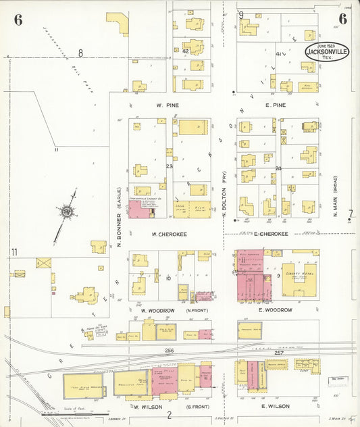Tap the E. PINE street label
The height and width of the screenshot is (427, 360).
click(276, 105)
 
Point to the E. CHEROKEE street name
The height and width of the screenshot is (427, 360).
click(271, 234)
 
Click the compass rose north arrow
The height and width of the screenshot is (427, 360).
click(68, 213)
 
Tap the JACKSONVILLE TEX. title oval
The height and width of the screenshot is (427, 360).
click(326, 51)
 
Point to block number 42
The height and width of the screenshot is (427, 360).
click(185, 50)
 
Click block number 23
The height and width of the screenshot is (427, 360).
click(170, 166)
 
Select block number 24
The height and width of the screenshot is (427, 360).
click(278, 168)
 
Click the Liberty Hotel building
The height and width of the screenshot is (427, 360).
click(297, 278)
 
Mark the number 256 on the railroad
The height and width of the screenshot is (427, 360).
click(170, 351)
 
